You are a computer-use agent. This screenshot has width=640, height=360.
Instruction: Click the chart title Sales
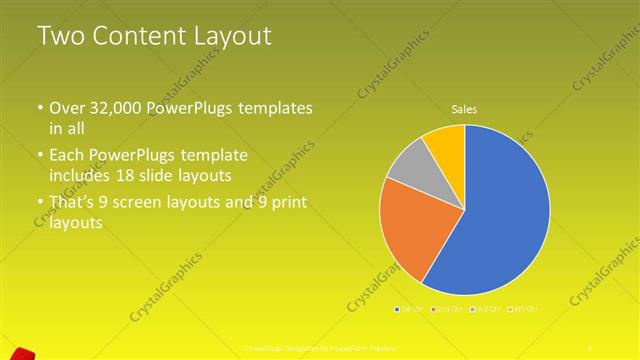tap(465, 108)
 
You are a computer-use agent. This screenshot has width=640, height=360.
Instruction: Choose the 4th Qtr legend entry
tap(524, 309)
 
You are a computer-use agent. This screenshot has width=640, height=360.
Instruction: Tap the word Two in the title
tap(59, 37)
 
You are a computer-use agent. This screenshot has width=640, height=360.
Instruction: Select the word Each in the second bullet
tap(67, 156)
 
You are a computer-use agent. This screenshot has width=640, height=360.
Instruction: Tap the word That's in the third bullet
tap(72, 204)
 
